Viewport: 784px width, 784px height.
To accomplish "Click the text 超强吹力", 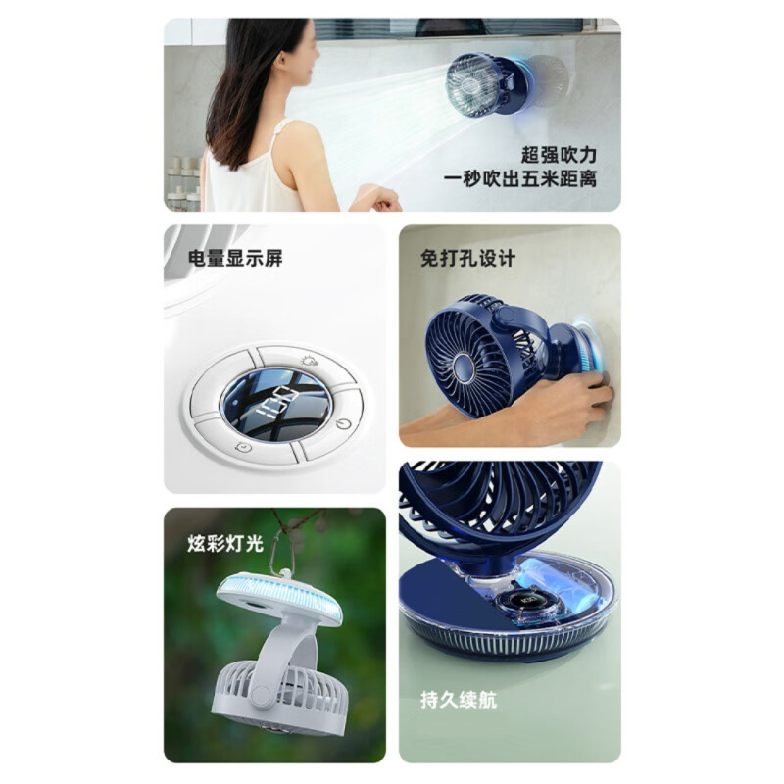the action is pyautogui.click(x=559, y=155).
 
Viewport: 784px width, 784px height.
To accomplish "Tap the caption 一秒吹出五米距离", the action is pyautogui.click(x=520, y=178).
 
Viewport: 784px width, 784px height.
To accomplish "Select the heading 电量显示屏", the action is pyautogui.click(x=235, y=258).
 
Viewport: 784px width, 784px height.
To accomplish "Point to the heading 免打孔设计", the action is pyautogui.click(x=467, y=259).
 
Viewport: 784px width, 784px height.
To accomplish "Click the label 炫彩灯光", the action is pyautogui.click(x=225, y=543).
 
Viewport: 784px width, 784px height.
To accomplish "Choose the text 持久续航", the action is pyautogui.click(x=459, y=700).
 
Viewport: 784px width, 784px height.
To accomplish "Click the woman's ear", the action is pyautogui.click(x=280, y=61).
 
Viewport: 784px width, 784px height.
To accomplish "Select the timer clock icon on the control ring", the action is pyautogui.click(x=243, y=447).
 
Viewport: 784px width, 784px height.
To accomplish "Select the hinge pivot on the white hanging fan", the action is pyautogui.click(x=261, y=694).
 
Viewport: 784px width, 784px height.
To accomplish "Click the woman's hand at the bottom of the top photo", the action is pyautogui.click(x=378, y=199).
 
